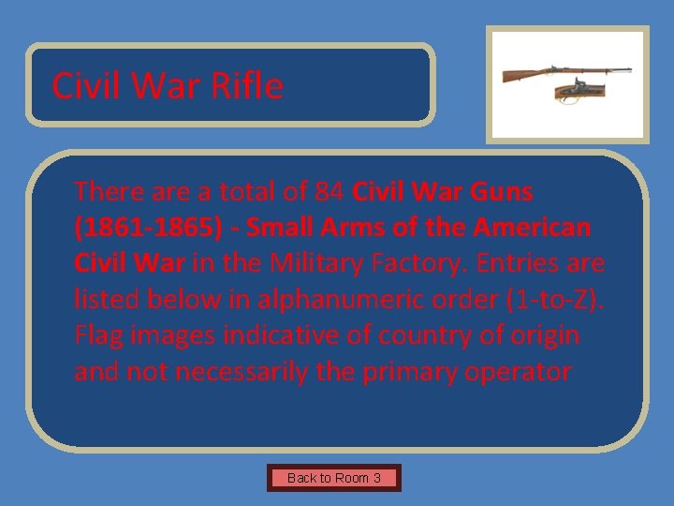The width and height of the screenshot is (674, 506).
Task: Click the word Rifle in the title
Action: [x=245, y=86]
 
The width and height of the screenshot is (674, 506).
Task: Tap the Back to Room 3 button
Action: [x=333, y=478]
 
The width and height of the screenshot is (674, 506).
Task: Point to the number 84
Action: [x=329, y=192]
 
